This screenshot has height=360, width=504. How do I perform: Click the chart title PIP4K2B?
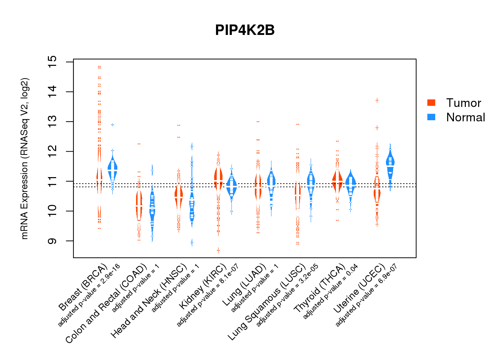pyautogui.click(x=245, y=30)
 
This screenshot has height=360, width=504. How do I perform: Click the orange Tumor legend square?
pyautogui.click(x=431, y=103)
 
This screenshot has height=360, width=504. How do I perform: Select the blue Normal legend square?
pyautogui.click(x=431, y=117)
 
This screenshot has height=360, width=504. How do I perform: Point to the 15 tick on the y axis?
pyautogui.click(x=53, y=62)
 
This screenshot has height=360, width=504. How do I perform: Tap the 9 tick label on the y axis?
pyautogui.click(x=53, y=241)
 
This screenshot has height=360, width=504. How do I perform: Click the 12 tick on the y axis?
pyautogui.click(x=53, y=152)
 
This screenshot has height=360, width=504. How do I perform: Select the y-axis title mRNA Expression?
pyautogui.click(x=24, y=158)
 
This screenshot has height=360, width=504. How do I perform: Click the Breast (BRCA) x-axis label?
pyautogui.click(x=84, y=287)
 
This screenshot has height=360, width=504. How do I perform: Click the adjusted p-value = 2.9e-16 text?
pyautogui.click(x=89, y=295)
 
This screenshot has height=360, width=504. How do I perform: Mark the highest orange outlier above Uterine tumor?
pyautogui.click(x=377, y=100)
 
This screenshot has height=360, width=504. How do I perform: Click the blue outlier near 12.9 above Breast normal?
pyautogui.click(x=113, y=125)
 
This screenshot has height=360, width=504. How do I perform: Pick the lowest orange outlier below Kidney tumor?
pyautogui.click(x=218, y=250)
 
